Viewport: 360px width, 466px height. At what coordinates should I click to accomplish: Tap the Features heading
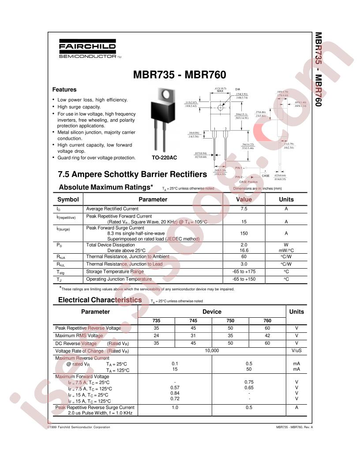(64, 90)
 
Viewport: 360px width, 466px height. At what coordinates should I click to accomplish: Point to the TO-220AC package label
(165, 158)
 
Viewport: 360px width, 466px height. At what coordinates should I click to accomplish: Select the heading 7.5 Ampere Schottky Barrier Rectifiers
(132, 174)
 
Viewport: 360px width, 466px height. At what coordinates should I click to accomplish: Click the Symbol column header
(68, 199)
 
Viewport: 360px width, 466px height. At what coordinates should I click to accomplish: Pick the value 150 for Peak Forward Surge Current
(244, 233)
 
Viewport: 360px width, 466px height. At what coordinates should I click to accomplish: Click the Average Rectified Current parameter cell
(112, 209)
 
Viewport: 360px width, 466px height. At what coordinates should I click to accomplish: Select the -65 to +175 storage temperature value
(244, 271)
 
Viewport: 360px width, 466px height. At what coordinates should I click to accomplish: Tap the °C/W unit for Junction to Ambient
(286, 256)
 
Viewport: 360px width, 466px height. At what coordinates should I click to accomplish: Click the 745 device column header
(194, 321)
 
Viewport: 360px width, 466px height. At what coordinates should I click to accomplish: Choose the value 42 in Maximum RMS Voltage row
(267, 336)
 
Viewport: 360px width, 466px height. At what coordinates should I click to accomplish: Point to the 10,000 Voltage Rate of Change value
(212, 350)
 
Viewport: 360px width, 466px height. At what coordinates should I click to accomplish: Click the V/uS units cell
(296, 350)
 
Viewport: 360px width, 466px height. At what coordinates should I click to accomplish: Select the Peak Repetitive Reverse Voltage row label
(88, 328)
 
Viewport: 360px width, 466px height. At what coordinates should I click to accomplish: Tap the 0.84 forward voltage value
(175, 393)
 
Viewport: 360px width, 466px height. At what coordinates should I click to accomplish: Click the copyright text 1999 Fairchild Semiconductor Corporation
(79, 427)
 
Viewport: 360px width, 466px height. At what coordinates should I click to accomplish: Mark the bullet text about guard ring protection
(97, 158)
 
